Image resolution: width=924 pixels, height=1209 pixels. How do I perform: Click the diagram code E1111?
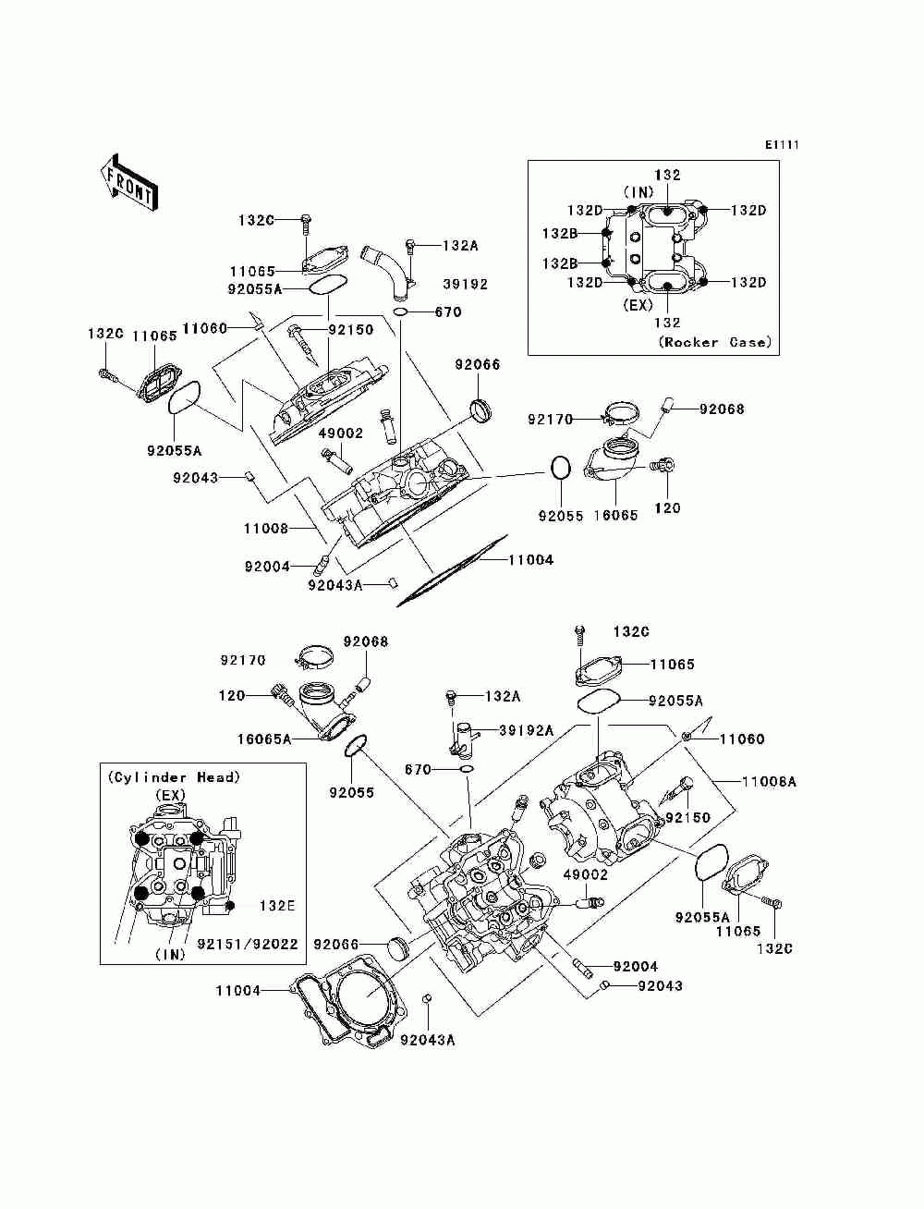click(x=782, y=145)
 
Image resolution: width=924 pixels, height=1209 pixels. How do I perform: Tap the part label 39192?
click(x=466, y=284)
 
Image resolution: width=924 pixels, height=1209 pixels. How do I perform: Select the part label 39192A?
click(x=527, y=730)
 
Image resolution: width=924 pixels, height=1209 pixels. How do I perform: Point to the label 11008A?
click(x=769, y=782)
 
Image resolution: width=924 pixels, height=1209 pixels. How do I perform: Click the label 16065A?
click(x=264, y=739)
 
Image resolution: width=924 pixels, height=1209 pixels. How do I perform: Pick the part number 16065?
click(x=615, y=515)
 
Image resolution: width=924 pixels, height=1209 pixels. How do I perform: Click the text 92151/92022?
click(x=248, y=944)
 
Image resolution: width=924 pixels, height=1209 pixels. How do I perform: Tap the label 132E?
click(x=277, y=906)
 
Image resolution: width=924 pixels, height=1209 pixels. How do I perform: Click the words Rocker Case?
click(x=715, y=342)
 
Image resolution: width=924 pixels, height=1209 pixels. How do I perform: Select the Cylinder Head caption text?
click(x=174, y=777)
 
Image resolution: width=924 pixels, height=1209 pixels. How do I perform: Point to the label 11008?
click(x=266, y=529)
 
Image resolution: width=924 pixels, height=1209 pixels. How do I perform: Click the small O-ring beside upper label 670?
click(x=401, y=313)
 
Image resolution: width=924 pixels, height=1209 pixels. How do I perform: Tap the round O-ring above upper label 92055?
click(x=561, y=469)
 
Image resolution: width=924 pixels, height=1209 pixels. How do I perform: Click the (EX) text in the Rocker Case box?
click(x=638, y=305)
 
